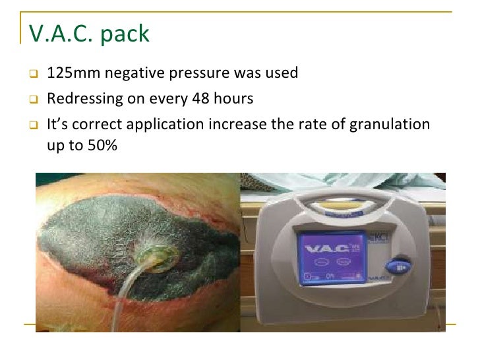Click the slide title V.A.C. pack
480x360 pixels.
90,33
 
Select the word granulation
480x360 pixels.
394,125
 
